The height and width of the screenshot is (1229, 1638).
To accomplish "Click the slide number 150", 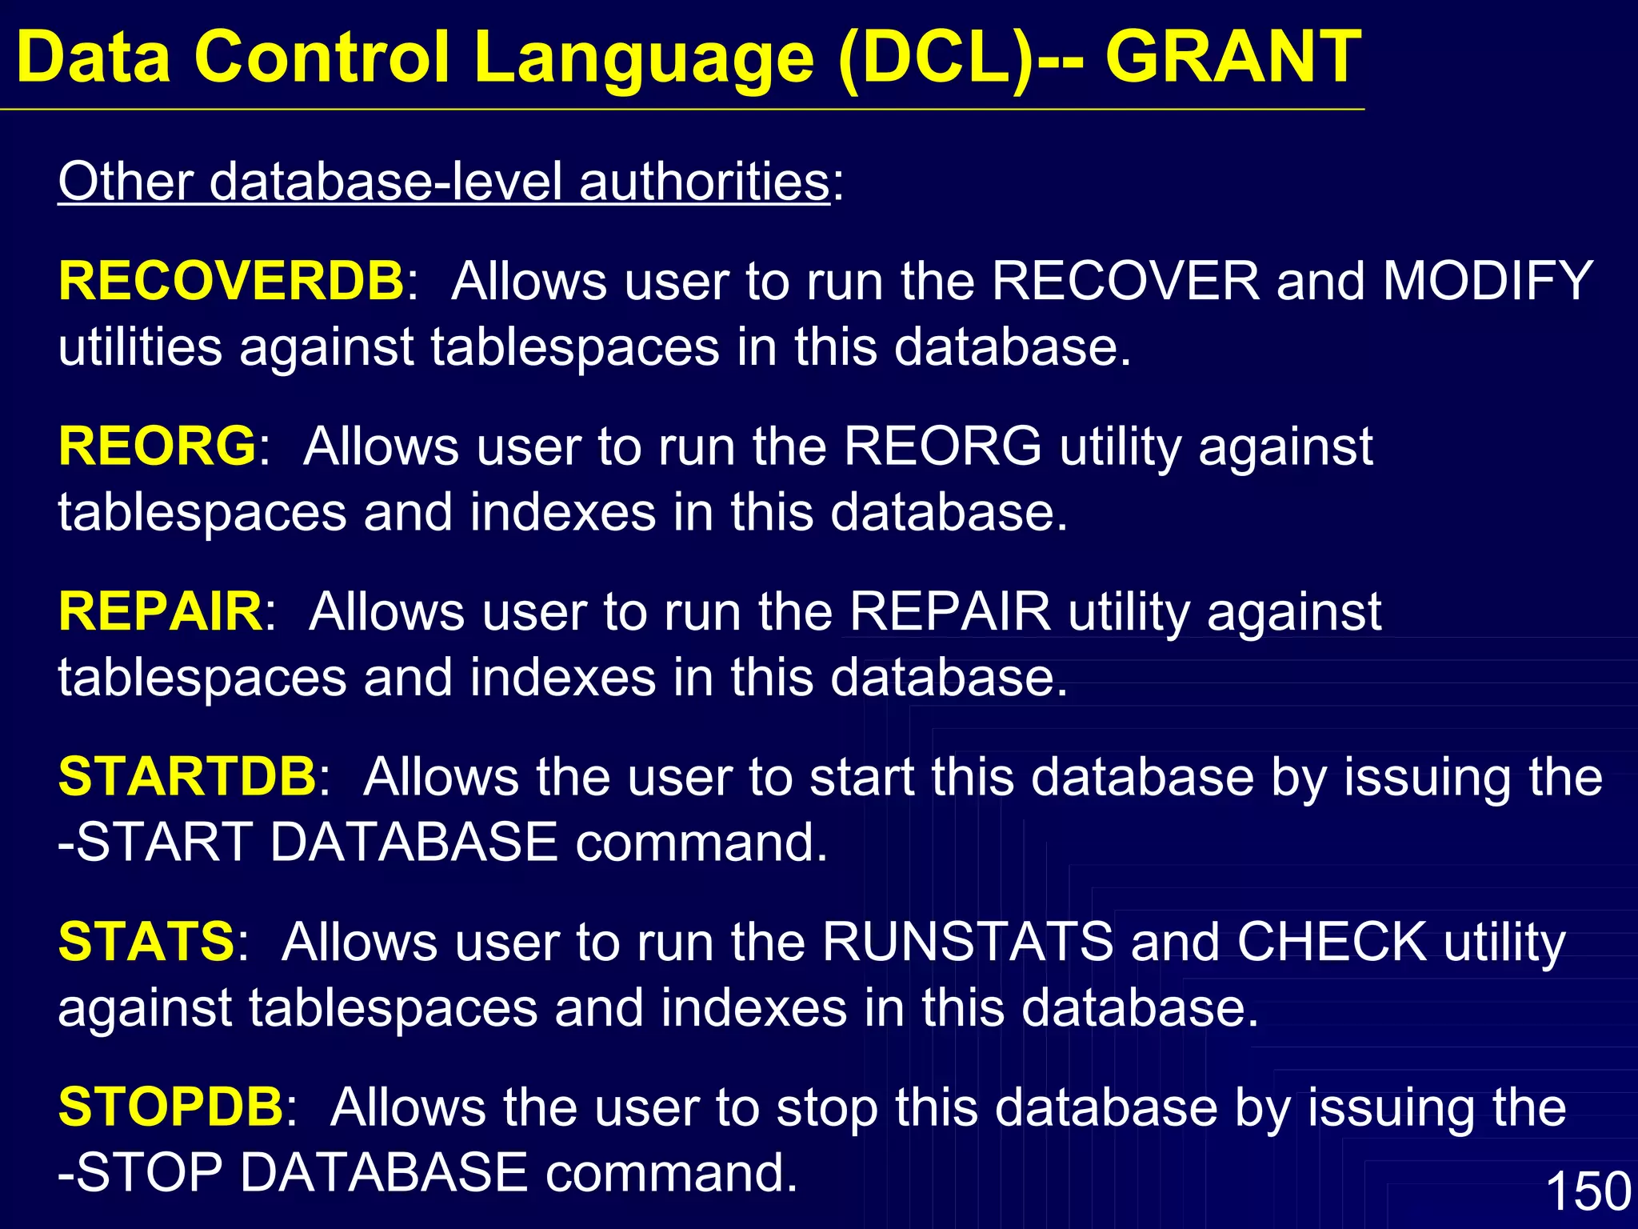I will click(x=1588, y=1191).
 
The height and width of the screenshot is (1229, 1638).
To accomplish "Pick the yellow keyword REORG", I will click(x=158, y=446).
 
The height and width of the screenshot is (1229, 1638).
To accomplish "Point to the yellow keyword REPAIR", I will click(x=160, y=611).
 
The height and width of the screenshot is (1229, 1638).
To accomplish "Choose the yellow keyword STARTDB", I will click(x=188, y=776).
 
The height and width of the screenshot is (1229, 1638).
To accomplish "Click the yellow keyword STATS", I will click(x=146, y=941).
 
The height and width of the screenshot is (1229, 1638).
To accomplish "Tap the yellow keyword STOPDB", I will click(x=171, y=1107).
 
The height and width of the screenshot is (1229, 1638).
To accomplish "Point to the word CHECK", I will click(x=1332, y=941).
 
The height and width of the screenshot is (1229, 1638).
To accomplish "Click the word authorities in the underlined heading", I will click(x=704, y=182).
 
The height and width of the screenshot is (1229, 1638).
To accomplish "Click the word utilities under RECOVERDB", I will click(x=140, y=347).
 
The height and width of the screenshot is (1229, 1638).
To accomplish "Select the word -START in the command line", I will click(x=155, y=843).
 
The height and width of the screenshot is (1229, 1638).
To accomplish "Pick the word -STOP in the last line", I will click(x=140, y=1173).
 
